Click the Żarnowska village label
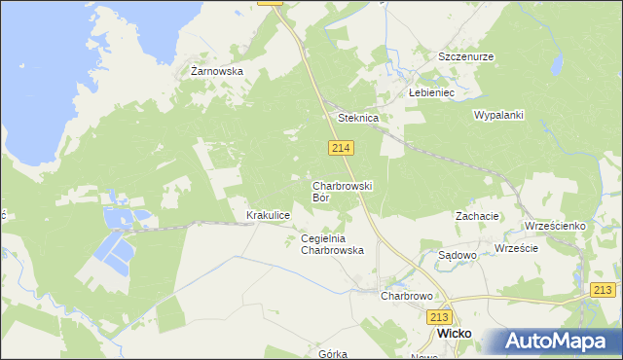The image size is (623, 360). [x=216, y=71]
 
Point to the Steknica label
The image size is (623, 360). [x=357, y=118]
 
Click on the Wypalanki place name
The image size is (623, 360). [x=498, y=115]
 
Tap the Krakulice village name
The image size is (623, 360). [x=269, y=215]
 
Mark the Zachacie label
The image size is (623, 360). [x=477, y=216]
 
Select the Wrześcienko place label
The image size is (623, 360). [x=554, y=226]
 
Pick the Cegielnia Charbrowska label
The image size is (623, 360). [x=332, y=244]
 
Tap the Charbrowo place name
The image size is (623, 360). [x=406, y=295]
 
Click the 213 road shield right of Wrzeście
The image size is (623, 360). [x=605, y=289]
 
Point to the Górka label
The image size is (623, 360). [x=333, y=354]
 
